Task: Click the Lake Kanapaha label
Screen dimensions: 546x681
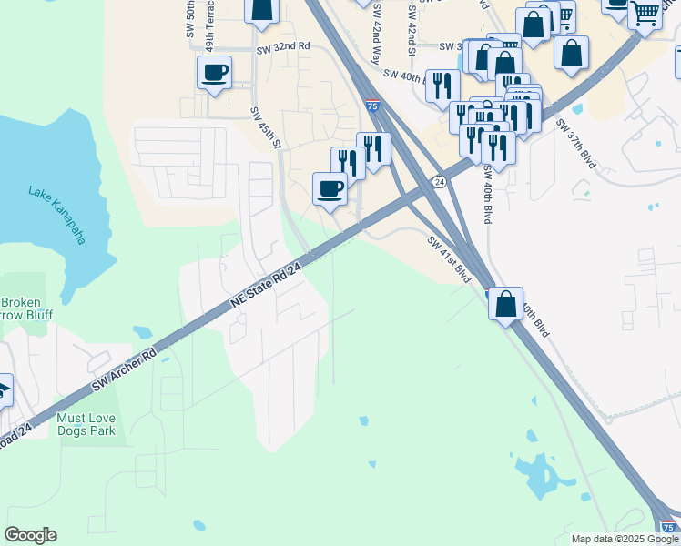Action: (56, 216)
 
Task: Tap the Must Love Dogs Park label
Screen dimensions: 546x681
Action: (86, 424)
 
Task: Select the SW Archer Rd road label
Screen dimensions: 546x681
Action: (123, 369)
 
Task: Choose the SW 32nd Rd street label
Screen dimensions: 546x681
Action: (283, 46)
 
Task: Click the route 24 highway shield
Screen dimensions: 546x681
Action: (439, 182)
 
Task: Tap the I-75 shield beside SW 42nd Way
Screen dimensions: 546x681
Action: (372, 106)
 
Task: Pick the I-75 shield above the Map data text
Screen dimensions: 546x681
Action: (667, 526)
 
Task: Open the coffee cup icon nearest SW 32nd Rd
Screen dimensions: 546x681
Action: (215, 73)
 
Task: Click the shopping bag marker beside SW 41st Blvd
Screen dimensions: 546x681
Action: (506, 303)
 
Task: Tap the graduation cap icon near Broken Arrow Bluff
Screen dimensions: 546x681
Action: (3, 390)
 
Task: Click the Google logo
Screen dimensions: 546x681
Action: (30, 535)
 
